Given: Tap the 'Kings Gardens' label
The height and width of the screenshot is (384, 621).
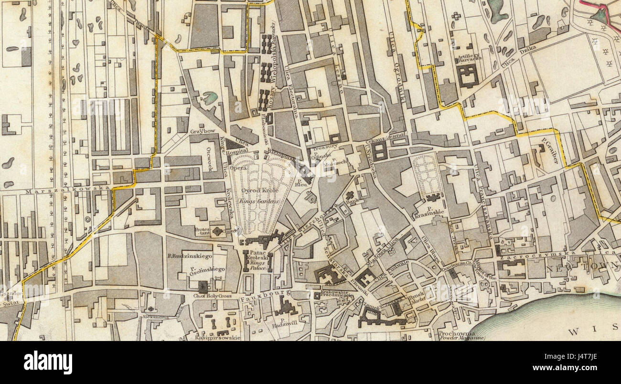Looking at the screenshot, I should pyautogui.click(x=261, y=202).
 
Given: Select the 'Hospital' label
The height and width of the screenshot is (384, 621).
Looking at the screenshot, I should pyautogui.click(x=237, y=151).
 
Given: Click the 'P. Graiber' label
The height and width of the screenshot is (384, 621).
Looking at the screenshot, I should pyautogui.click(x=550, y=150).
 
